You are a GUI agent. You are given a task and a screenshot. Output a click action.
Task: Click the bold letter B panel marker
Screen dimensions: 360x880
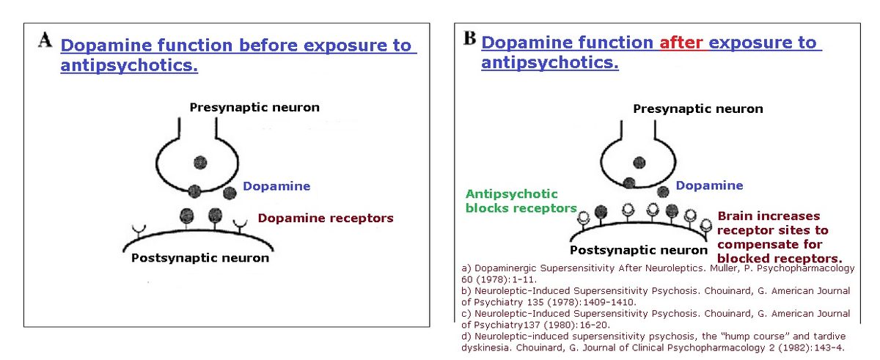pyautogui.click(x=470, y=38)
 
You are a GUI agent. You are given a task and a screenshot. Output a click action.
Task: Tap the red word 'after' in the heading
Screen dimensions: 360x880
pyautogui.click(x=681, y=43)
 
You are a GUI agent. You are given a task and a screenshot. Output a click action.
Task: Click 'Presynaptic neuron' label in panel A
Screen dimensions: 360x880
pyautogui.click(x=254, y=108)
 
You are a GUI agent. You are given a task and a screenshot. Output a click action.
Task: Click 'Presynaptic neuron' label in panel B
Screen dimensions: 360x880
pyautogui.click(x=698, y=109)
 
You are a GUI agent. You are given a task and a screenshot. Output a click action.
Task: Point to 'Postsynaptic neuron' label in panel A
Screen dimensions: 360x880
pyautogui.click(x=199, y=258)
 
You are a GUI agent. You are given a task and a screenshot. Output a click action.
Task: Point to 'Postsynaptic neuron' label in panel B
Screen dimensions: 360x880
pyautogui.click(x=639, y=250)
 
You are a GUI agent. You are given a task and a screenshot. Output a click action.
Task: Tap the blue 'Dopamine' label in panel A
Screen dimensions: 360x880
pyautogui.click(x=276, y=186)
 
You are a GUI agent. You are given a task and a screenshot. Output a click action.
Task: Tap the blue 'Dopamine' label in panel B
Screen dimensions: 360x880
pyautogui.click(x=709, y=186)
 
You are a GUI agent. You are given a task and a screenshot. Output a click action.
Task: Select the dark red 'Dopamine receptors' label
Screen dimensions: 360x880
pyautogui.click(x=326, y=218)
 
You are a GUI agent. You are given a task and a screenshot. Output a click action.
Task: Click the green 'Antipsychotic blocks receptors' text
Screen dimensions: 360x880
pyautogui.click(x=521, y=201)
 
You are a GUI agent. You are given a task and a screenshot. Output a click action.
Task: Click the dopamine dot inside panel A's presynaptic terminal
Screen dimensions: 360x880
pyautogui.click(x=199, y=163)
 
